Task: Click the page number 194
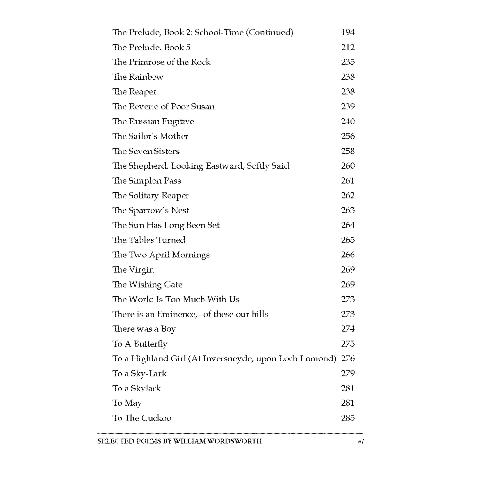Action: (348, 32)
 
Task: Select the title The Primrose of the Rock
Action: (161, 62)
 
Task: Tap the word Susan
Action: (203, 106)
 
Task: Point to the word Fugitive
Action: (178, 122)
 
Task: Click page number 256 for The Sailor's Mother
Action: (348, 136)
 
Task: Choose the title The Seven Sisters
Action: (146, 151)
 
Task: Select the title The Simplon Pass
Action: (147, 181)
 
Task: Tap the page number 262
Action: (348, 195)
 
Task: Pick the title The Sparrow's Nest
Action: (151, 210)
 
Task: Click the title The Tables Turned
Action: (149, 240)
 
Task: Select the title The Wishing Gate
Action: (147, 285)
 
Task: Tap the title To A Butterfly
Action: (140, 344)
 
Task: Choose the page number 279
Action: (348, 373)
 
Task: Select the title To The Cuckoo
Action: (142, 418)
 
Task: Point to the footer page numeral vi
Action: (360, 442)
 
